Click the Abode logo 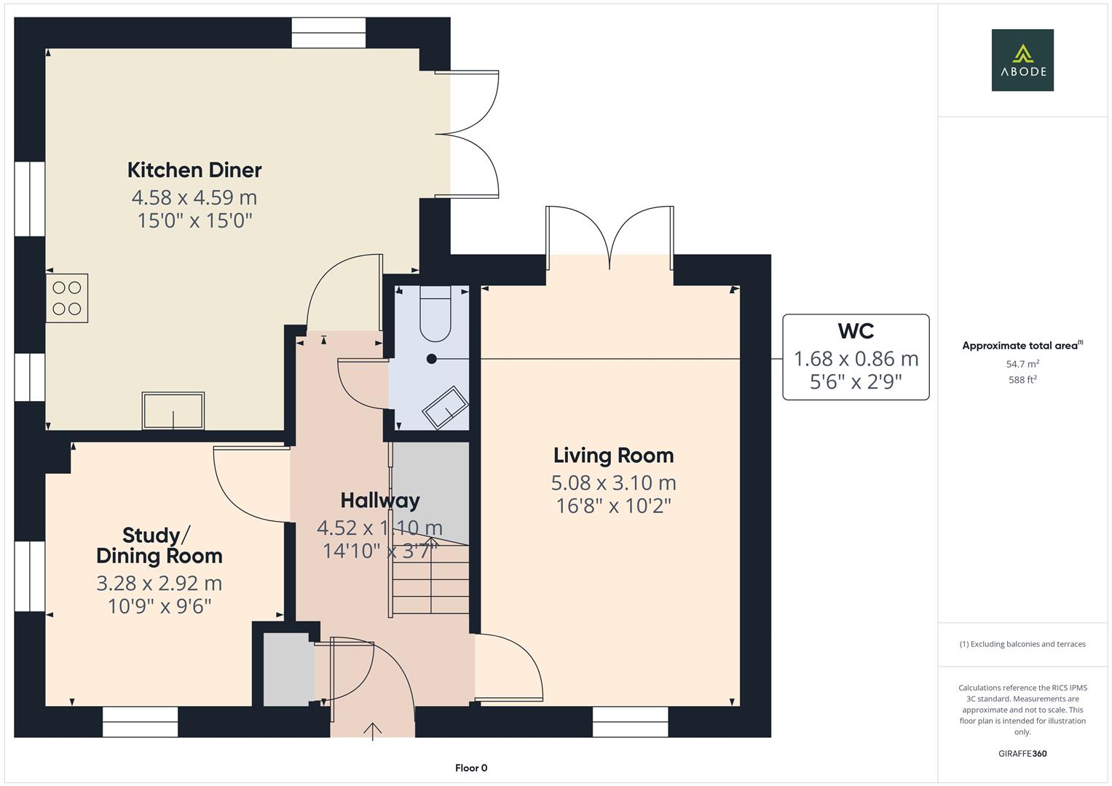pos(1022,60)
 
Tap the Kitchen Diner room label pos(194,170)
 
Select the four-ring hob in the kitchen pos(67,298)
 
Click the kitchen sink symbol pos(173,410)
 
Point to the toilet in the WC pos(435,314)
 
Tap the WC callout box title pos(856,331)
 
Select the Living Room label pos(613,456)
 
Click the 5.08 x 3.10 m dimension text pos(613,483)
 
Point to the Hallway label pos(380,501)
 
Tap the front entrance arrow pos(373,730)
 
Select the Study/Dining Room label pos(159,546)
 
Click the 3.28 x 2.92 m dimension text pos(159,584)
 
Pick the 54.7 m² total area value pos(1022,364)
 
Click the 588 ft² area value pos(1022,380)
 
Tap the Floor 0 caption pos(471,768)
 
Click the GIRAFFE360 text pos(1022,754)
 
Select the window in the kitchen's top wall pos(328,33)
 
